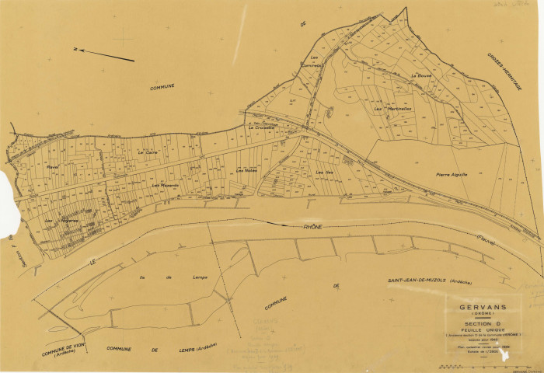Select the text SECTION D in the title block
(x=482, y=323)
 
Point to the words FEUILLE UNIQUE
(x=482, y=329)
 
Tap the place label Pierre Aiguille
(x=451, y=175)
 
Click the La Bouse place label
(x=420, y=75)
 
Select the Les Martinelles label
(x=392, y=109)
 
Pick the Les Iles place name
(x=324, y=172)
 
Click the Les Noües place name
(x=246, y=171)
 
